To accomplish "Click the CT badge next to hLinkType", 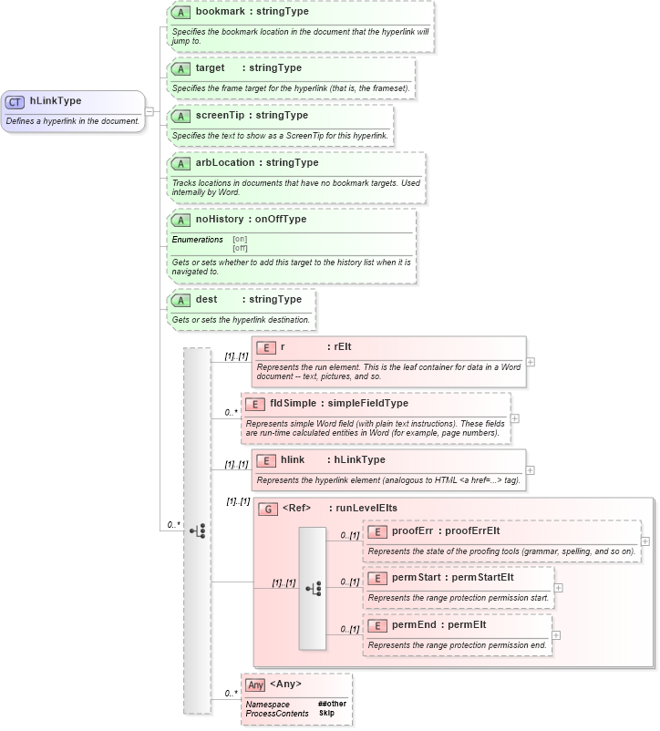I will pyautogui.click(x=15, y=102).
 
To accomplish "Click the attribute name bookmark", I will pyautogui.click(x=220, y=12).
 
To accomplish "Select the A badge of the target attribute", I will pyautogui.click(x=180, y=68).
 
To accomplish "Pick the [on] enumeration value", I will pyautogui.click(x=240, y=240).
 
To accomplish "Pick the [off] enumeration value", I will pyautogui.click(x=240, y=248).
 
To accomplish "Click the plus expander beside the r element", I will pyautogui.click(x=531, y=362).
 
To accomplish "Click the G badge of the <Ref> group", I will pyautogui.click(x=267, y=509).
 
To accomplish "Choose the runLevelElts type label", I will pyautogui.click(x=366, y=509).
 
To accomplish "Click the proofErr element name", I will pyautogui.click(x=411, y=531).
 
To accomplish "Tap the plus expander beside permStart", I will pyautogui.click(x=558, y=588).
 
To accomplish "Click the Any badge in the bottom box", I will pyautogui.click(x=255, y=685).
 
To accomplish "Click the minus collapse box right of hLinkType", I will pyautogui.click(x=150, y=111).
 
